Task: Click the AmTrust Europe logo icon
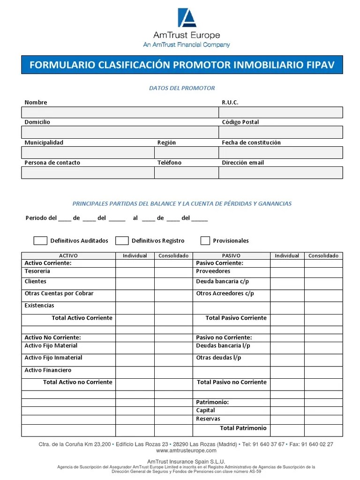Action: click(x=187, y=18)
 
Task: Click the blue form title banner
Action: click(x=182, y=65)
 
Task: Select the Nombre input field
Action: click(x=120, y=112)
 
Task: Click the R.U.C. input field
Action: click(x=280, y=112)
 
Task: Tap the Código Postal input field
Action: click(x=280, y=132)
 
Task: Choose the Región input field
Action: click(x=186, y=152)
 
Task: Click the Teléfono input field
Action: click(x=186, y=172)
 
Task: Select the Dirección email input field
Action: click(x=280, y=172)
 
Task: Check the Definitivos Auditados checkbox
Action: click(x=40, y=240)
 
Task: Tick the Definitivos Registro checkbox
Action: click(x=122, y=240)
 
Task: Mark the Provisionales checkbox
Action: click(x=205, y=240)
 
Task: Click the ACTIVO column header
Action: click(x=68, y=255)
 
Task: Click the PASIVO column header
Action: click(x=231, y=255)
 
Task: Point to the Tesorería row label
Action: click(x=37, y=271)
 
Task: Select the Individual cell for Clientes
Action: click(x=135, y=283)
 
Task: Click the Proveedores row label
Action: click(x=213, y=271)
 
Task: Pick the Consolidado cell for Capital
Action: click(x=323, y=411)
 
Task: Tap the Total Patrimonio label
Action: click(x=243, y=428)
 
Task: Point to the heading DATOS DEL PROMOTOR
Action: click(x=182, y=88)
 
